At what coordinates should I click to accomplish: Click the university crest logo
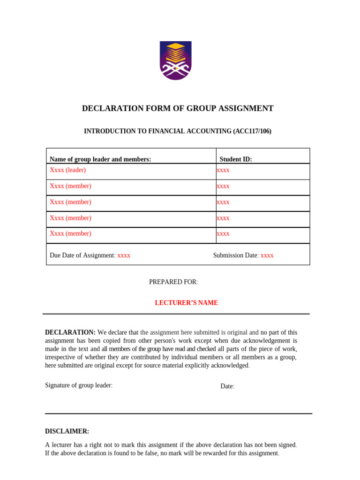point(175,61)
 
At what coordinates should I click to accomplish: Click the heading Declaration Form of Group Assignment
point(178,109)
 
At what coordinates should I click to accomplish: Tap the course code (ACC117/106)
point(252,132)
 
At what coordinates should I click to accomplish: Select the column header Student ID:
point(236,159)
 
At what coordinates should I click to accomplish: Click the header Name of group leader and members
point(100,159)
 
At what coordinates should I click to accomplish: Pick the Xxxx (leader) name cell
point(68,170)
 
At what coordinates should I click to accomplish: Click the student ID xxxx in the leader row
point(223,170)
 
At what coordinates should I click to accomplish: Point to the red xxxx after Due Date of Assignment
point(124,255)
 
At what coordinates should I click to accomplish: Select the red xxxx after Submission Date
point(267,255)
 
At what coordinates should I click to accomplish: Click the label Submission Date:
point(236,255)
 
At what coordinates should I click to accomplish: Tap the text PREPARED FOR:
point(173,282)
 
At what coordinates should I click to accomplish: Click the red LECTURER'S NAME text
point(186,303)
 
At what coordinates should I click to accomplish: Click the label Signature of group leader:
point(79,385)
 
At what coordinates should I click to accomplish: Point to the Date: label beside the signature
point(227,386)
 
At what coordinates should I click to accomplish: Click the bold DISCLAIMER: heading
point(67,431)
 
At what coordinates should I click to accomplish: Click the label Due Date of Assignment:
point(82,255)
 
